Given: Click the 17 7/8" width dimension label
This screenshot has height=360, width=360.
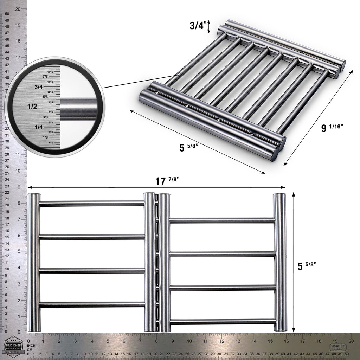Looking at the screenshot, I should [168, 181].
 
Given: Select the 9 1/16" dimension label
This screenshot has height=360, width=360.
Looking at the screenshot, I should [332, 128].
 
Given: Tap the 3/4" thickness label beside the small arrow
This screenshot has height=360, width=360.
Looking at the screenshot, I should [197, 26].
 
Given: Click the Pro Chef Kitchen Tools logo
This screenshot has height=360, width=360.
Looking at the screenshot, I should [13, 347].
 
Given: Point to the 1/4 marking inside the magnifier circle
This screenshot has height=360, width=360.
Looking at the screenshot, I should [37, 127].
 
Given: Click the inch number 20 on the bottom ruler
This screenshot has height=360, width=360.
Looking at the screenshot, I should [351, 341].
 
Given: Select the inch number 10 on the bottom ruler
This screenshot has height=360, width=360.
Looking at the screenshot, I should [189, 341].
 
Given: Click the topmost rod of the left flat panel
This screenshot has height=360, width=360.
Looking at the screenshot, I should [91, 204].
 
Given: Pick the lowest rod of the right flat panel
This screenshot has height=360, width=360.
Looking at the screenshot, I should [222, 321].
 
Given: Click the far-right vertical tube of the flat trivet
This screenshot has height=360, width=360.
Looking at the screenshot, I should [281, 262].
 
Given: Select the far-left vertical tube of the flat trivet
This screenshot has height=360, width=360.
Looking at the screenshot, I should [34, 262].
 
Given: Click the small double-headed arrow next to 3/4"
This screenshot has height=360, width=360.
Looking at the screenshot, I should [208, 27].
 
